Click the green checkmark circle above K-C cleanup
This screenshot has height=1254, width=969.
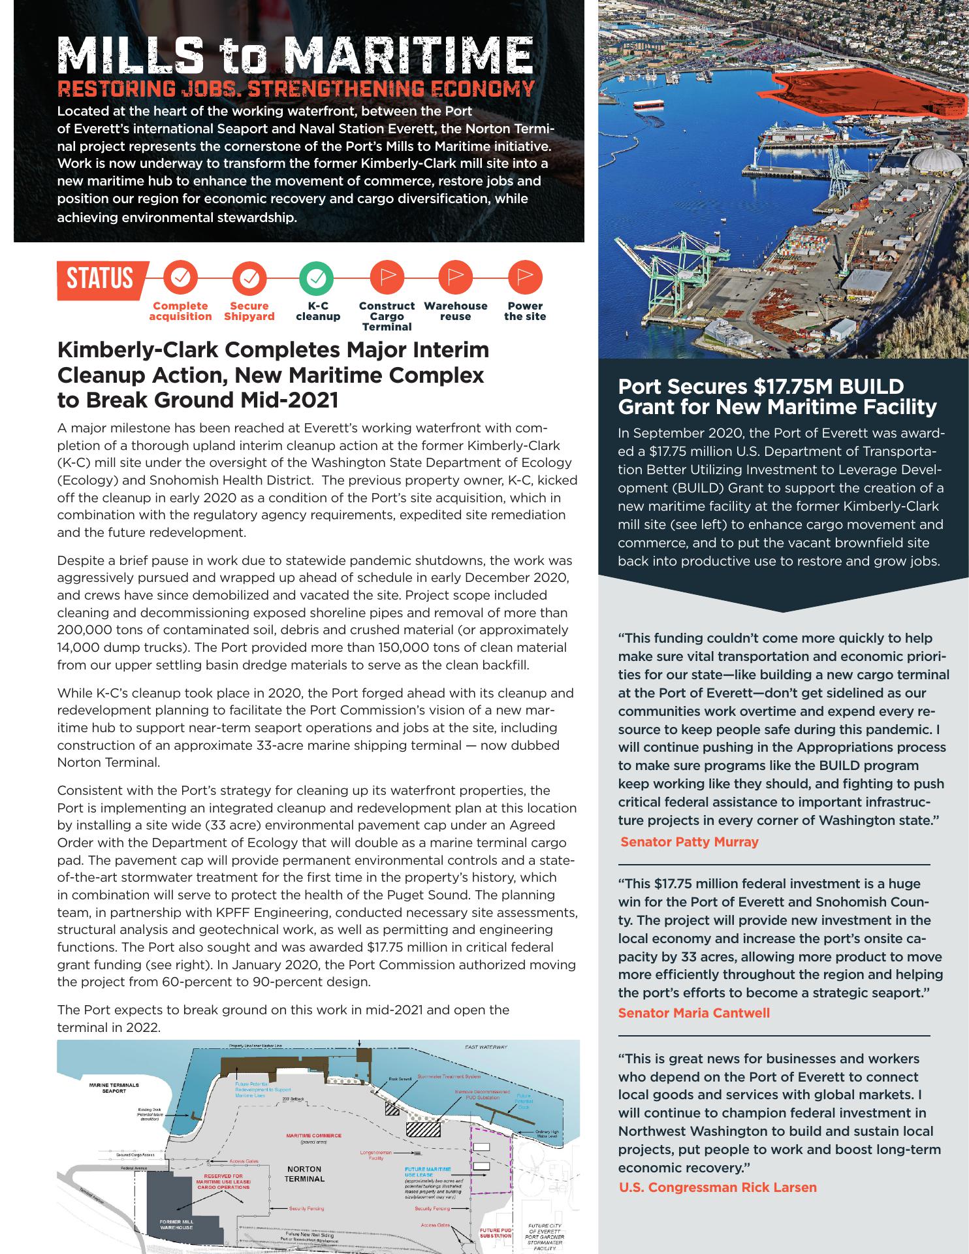coord(317,279)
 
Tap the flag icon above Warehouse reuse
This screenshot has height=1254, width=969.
coord(456,278)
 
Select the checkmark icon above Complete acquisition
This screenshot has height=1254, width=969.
coord(180,279)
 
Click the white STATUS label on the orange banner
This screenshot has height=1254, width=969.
coord(100,279)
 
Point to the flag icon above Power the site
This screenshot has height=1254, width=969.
coord(525,278)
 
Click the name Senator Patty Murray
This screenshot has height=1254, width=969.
coord(690,842)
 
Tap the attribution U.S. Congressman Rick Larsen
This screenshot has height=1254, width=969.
coord(717,1187)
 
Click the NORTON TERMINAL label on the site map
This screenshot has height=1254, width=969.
coord(304,1174)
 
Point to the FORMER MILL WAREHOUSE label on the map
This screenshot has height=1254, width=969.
coord(176,1225)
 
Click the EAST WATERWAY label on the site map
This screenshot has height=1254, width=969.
coord(486,1047)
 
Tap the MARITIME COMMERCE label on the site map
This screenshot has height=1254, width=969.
coord(313,1136)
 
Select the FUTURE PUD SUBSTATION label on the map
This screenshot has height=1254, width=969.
coord(496,1233)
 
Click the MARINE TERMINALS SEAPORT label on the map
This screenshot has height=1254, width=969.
coord(114,1088)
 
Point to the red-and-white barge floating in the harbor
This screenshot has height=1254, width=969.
coord(648,104)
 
